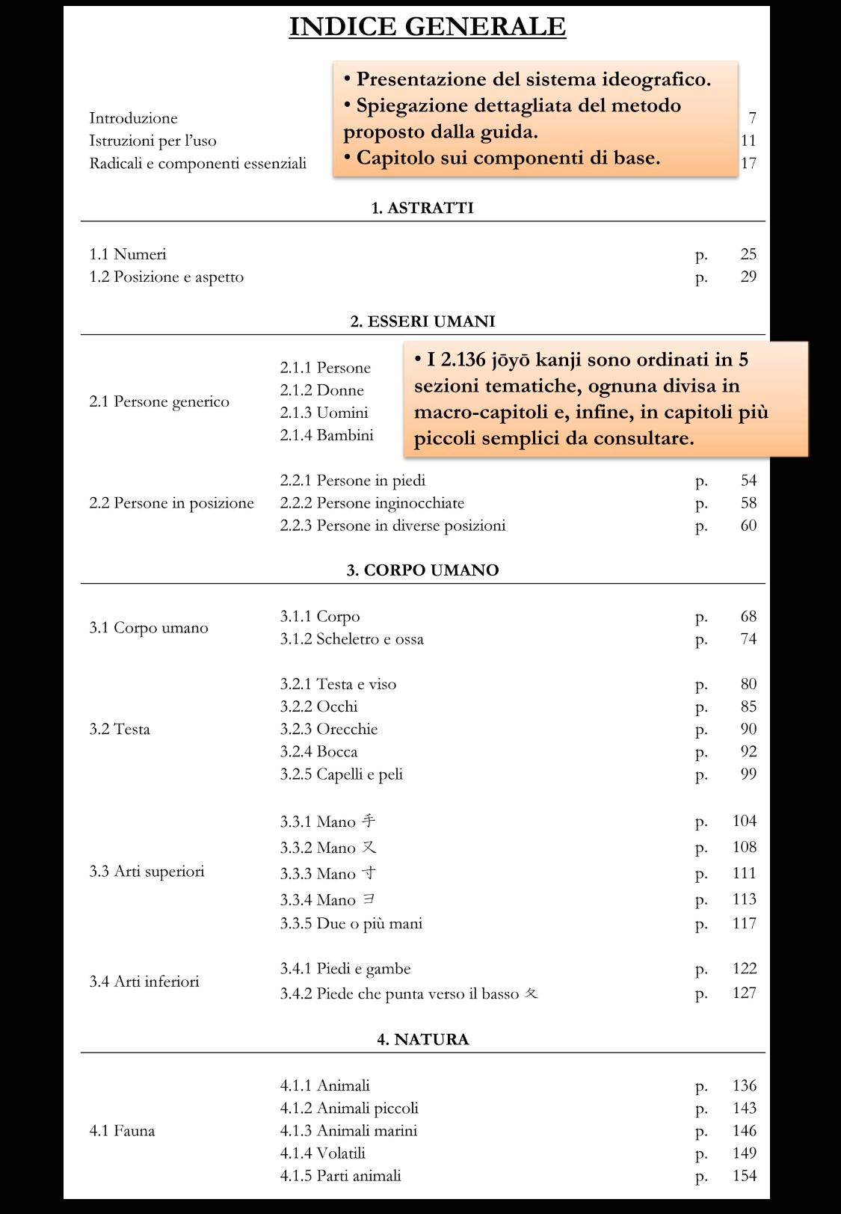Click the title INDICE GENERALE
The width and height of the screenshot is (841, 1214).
[427, 27]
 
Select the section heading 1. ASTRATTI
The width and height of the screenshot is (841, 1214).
[422, 208]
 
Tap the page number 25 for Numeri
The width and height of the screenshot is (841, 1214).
[748, 254]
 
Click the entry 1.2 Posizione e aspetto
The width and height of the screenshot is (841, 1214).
[167, 277]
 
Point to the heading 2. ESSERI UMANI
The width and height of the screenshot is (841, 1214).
[422, 321]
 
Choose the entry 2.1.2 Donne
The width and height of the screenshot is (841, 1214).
[321, 390]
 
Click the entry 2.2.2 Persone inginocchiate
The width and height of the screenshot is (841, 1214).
[372, 503]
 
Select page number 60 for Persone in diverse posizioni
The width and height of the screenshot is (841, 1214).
[748, 526]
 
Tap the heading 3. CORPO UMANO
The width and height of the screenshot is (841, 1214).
[422, 570]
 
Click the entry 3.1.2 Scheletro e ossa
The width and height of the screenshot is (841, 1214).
[351, 639]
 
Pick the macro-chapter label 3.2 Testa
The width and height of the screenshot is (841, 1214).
[120, 729]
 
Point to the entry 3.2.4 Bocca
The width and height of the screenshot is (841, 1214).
[318, 751]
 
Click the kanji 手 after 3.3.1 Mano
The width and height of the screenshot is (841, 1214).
[369, 821]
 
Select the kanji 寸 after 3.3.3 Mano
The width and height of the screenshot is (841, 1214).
[369, 872]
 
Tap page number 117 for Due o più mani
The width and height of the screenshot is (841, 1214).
[744, 923]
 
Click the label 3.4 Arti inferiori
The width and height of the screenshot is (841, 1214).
[144, 982]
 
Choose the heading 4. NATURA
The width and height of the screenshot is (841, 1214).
[422, 1039]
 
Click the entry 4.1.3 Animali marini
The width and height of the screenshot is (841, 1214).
[348, 1130]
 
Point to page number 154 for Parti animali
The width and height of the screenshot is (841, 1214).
[744, 1175]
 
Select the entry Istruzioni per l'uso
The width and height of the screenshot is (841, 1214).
[153, 141]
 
